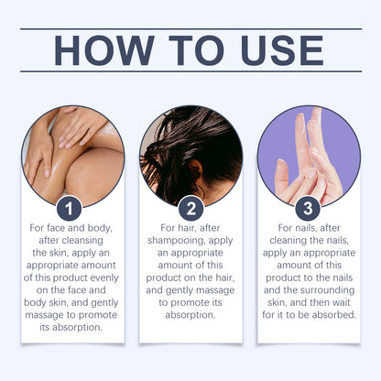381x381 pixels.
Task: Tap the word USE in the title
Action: pyautogui.click(x=282, y=50)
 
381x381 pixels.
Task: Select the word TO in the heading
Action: pyautogui.click(x=196, y=50)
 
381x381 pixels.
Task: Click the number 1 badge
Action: pyautogui.click(x=69, y=209)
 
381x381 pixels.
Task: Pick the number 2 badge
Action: pyautogui.click(x=191, y=209)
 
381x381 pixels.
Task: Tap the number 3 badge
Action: pyautogui.click(x=308, y=209)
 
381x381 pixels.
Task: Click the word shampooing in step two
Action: pyautogui.click(x=176, y=241)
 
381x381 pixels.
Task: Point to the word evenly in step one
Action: pyautogui.click(x=104, y=278)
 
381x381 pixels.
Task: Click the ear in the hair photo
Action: pyautogui.click(x=195, y=171)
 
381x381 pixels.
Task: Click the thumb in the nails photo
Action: pyautogui.click(x=281, y=178)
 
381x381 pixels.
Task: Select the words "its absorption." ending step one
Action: pyautogui.click(x=71, y=328)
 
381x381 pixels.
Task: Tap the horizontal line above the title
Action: pyautogui.click(x=191, y=29)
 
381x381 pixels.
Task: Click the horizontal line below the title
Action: pyautogui.click(x=191, y=71)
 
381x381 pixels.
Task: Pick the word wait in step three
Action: pyautogui.click(x=342, y=302)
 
